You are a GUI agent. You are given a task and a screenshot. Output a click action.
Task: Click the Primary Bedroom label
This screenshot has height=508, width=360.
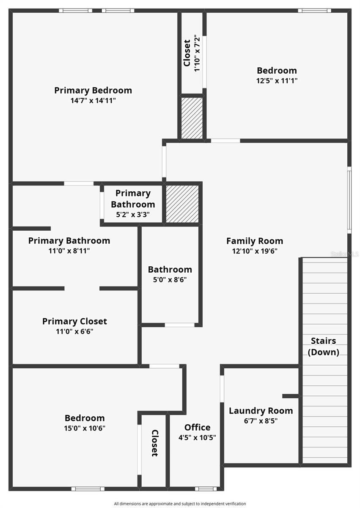tap(93, 90)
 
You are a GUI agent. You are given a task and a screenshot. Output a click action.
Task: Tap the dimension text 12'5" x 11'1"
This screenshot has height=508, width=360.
tap(277, 81)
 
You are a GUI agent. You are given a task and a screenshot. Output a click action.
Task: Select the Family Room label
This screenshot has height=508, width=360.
tap(255, 241)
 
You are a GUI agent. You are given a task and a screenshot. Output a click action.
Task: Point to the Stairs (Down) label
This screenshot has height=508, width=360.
tap(324, 346)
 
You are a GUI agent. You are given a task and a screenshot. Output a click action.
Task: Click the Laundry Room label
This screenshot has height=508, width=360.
tap(261, 411)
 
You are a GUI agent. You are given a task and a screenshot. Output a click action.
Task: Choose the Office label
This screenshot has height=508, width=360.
tap(197, 427)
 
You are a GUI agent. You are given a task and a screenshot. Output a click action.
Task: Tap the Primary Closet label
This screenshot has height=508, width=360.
tap(74, 321)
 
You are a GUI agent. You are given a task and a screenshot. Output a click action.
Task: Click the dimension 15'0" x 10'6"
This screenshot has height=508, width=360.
tap(85, 428)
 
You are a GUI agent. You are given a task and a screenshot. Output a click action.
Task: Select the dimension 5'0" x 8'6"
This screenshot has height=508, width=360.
tap(170, 279)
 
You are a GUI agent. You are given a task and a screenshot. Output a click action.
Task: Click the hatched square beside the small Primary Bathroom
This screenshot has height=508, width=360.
tap(182, 204)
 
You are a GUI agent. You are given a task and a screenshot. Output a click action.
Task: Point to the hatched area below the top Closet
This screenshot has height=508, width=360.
tap(192, 118)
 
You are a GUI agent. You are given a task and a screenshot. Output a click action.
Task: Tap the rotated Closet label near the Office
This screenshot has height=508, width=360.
tap(155, 443)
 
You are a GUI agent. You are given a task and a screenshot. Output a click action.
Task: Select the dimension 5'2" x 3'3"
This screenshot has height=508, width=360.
tap(133, 215)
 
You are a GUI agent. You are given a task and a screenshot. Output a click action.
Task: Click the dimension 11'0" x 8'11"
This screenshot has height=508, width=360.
tap(69, 251)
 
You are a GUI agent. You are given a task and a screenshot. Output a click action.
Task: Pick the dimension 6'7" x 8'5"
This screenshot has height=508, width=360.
tap(261, 421)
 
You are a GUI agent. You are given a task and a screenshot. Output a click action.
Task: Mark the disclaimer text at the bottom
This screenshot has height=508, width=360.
tap(180, 503)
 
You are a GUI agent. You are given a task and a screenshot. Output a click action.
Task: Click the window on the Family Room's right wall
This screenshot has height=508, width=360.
tap(349, 199)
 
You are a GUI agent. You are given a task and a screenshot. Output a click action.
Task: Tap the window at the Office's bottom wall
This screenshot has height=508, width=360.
tap(206, 489)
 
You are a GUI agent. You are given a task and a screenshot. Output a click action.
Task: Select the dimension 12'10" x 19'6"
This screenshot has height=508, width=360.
tap(255, 251)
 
